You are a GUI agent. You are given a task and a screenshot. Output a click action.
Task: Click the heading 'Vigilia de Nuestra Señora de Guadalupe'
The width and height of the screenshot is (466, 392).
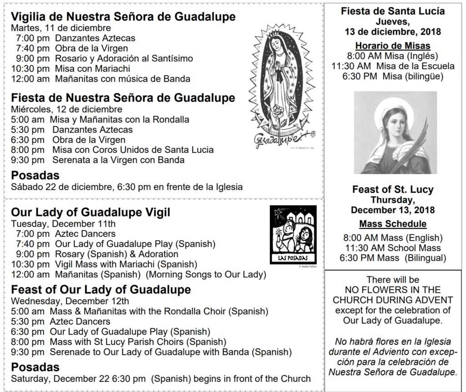tap(123, 17)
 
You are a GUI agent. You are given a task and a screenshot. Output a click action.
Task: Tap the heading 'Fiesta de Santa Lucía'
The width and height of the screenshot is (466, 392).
tap(393, 11)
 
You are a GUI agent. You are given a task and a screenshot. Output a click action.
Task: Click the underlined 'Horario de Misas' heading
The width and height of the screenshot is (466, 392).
tap(393, 45)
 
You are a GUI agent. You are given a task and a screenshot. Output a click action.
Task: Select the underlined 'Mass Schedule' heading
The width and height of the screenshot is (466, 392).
tap(393, 224)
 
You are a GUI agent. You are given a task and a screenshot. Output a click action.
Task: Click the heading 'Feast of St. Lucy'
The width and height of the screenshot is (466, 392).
tap(393, 190)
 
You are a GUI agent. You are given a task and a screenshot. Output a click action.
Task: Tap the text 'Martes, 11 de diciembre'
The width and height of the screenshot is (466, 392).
tap(55, 28)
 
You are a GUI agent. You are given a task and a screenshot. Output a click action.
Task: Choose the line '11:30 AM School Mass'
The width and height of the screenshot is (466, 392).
tap(392, 248)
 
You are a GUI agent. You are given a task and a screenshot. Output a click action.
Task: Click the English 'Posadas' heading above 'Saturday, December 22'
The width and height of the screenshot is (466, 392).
tap(35, 367)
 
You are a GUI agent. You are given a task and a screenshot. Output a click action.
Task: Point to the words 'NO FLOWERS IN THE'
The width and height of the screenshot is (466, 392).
tap(393, 290)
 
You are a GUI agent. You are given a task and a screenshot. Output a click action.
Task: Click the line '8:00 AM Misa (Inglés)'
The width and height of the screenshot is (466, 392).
tap(392, 56)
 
